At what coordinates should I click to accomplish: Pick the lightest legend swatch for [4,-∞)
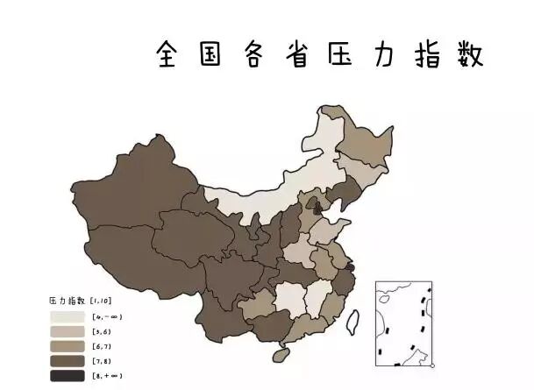[x=67, y=316]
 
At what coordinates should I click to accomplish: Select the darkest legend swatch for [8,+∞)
[x=67, y=375]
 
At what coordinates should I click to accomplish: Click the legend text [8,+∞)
[x=106, y=376]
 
